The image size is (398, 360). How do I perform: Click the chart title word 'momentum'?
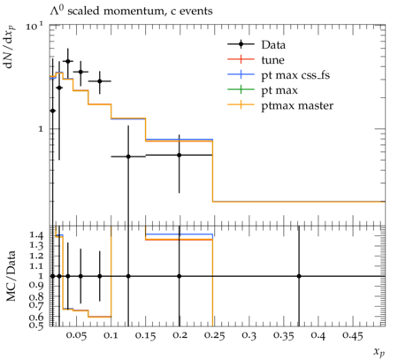pyautogui.click(x=134, y=11)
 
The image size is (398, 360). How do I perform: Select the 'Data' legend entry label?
pyautogui.click(x=273, y=45)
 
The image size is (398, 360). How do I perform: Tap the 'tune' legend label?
pyautogui.click(x=272, y=60)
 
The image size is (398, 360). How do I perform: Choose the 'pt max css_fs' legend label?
pyautogui.click(x=295, y=75)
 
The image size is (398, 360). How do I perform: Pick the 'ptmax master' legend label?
pyautogui.click(x=297, y=105)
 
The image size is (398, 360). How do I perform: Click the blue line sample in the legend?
pyautogui.click(x=241, y=74)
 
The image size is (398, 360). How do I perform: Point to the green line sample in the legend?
pyautogui.click(x=241, y=89)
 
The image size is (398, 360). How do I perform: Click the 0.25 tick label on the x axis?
pyautogui.click(x=214, y=335)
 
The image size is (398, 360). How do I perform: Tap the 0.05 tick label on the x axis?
pyautogui.click(x=76, y=335)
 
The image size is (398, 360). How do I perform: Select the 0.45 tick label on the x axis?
pyautogui.click(x=352, y=335)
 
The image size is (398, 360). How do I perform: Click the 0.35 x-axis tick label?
pyautogui.click(x=283, y=335)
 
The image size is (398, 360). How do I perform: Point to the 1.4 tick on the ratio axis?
pyautogui.click(x=36, y=235)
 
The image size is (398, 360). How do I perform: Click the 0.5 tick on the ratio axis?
pyautogui.click(x=36, y=325)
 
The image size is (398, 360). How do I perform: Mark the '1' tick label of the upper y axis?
pyautogui.click(x=40, y=129)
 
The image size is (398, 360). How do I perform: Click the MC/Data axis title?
pyautogui.click(x=11, y=276)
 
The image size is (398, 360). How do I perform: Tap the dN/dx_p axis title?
pyautogui.click(x=10, y=47)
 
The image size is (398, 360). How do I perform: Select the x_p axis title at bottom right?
pyautogui.click(x=379, y=351)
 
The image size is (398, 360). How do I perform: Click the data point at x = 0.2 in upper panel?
pyautogui.click(x=179, y=155)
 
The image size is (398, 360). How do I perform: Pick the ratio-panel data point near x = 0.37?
pyautogui.click(x=299, y=276)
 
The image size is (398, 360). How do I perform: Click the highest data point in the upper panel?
pyautogui.click(x=68, y=61)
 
